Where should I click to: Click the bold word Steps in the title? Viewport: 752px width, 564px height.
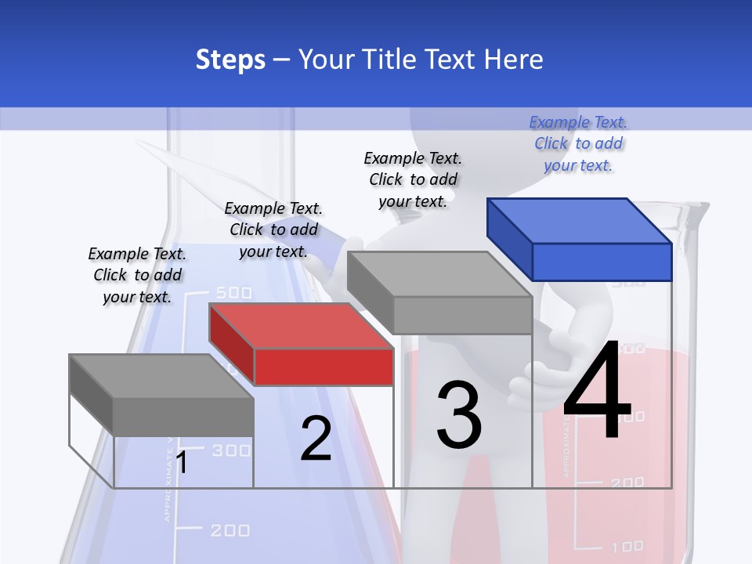(x=230, y=60)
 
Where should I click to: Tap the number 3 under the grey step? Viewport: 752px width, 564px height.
(x=459, y=415)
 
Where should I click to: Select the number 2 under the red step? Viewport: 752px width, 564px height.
(x=316, y=439)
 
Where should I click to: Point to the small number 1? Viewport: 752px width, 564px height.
(x=182, y=463)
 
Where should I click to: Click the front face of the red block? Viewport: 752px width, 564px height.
(x=324, y=367)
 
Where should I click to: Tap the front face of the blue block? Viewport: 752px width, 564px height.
(x=602, y=262)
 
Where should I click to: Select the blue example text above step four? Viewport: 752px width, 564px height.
(x=578, y=144)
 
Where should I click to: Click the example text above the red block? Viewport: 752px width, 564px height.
(x=273, y=230)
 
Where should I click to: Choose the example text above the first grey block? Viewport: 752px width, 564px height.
(x=137, y=275)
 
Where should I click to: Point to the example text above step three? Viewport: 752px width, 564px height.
(x=413, y=179)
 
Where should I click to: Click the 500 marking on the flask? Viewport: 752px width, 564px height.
(x=233, y=293)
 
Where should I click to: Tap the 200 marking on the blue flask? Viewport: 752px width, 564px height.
(x=230, y=530)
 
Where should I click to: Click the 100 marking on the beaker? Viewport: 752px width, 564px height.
(x=627, y=546)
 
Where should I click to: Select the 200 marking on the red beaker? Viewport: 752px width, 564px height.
(x=627, y=483)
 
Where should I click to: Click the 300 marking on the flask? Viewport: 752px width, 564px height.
(x=232, y=450)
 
